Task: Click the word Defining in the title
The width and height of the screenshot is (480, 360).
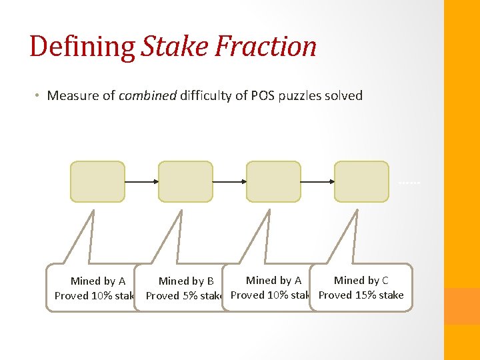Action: [83, 47]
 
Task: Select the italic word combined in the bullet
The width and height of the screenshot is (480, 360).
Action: [146, 95]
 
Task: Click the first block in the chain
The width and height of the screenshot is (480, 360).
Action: [97, 181]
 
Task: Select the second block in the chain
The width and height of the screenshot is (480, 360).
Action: [185, 181]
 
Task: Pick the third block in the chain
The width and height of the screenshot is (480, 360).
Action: [273, 181]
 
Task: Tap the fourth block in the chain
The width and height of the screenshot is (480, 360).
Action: [361, 181]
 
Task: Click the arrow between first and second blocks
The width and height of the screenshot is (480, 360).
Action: [141, 181]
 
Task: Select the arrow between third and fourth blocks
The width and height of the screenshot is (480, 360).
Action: [317, 181]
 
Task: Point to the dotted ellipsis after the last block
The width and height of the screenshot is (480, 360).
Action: [409, 182]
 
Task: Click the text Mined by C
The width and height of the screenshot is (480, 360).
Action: [361, 281]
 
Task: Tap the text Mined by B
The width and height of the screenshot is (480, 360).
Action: [186, 281]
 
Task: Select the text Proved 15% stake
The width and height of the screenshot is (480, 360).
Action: [361, 295]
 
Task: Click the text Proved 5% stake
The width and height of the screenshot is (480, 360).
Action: [183, 296]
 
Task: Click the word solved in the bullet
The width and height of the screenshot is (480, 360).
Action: [343, 95]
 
